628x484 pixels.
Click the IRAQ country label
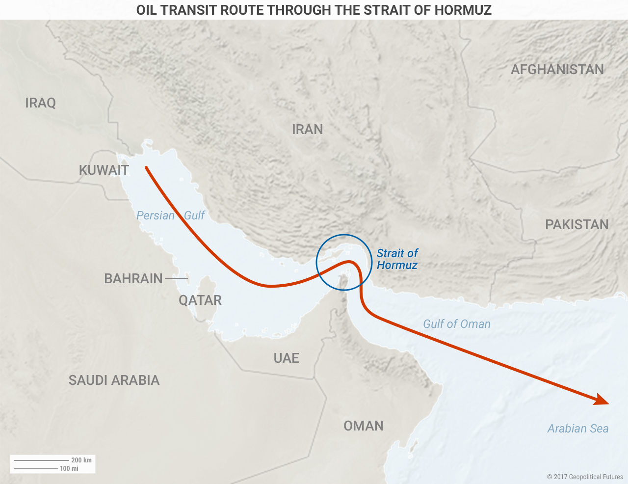pos(40,103)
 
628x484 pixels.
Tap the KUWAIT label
pos(104,170)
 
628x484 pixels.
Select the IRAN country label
pos(308,130)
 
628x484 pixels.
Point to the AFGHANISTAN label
pos(557,70)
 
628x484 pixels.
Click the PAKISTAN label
pos(577,225)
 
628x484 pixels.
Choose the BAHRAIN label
pos(133,279)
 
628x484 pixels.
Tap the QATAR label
pos(200,300)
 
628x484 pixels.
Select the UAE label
pos(287,358)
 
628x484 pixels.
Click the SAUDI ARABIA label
pos(114,380)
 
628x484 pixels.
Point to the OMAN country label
pos(364,426)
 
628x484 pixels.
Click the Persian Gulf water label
pos(170,215)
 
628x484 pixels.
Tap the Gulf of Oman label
pos(457,324)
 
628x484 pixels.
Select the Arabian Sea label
pos(578,429)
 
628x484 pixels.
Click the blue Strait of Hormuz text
pos(397,259)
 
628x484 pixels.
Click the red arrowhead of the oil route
pos(602,401)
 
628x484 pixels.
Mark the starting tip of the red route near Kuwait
pos(146,168)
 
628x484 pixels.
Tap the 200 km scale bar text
pos(81,460)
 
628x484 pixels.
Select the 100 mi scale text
pos(69,469)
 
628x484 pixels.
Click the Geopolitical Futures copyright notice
pos(585,477)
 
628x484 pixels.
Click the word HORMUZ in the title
pos(463,10)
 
